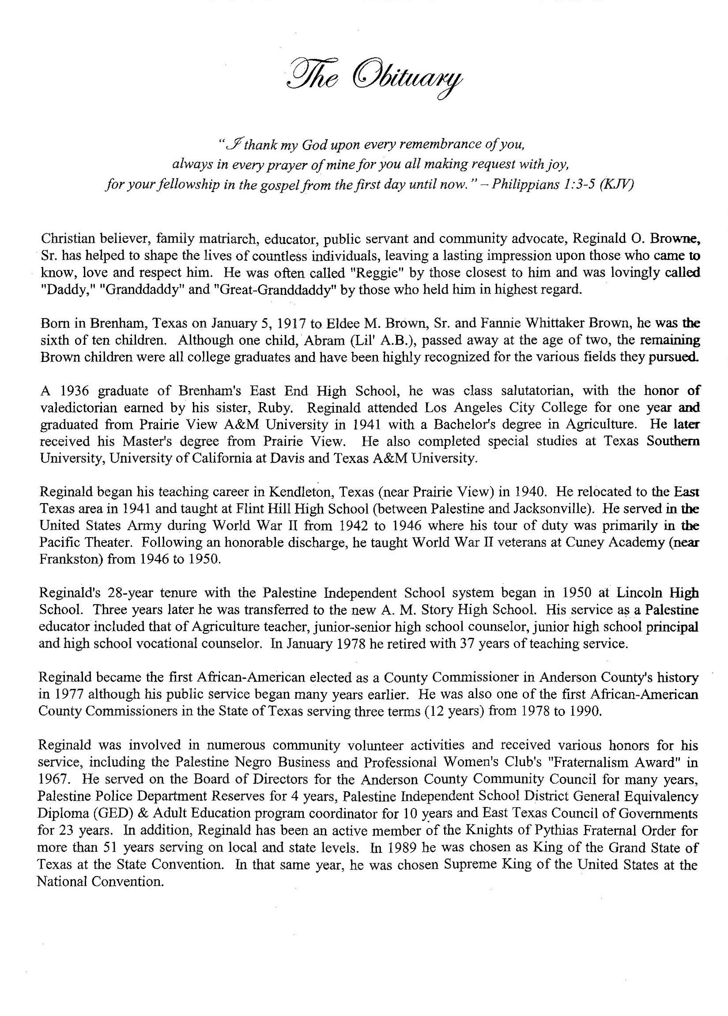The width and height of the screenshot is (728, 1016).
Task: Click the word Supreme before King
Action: [x=470, y=865]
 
